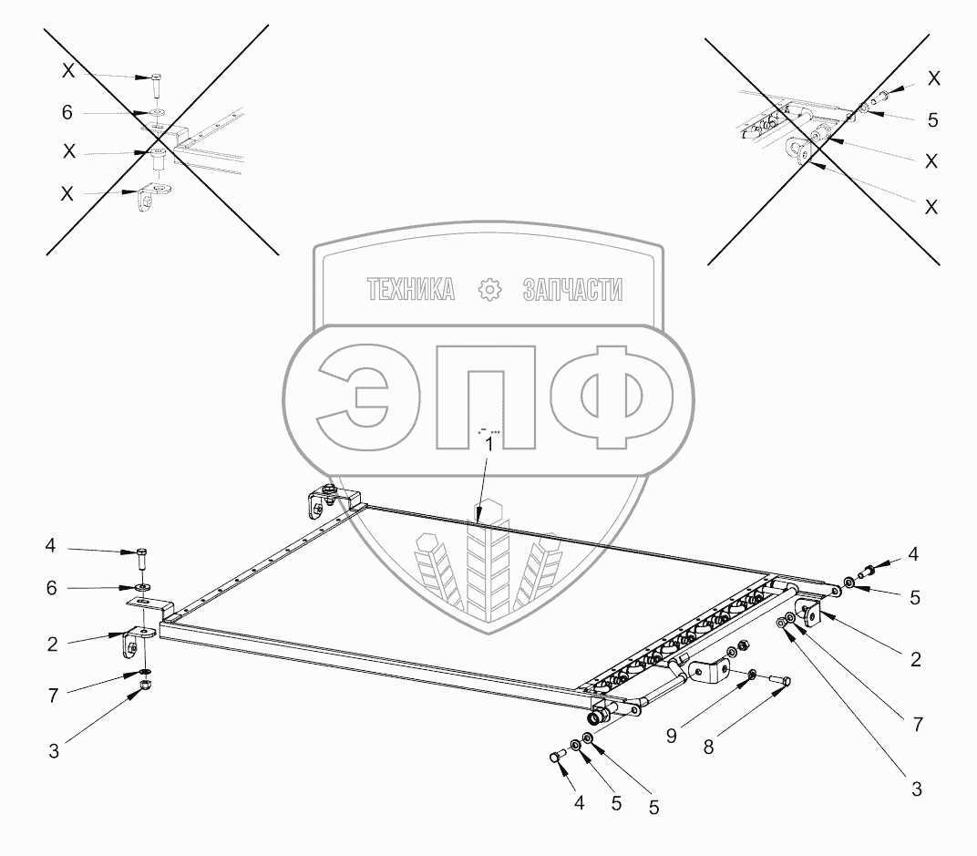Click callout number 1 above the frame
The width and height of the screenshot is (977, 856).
(489, 445)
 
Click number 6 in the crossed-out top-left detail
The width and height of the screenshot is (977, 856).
(67, 113)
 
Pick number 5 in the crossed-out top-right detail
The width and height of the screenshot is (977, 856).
(931, 120)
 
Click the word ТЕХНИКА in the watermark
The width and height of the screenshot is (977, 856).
(410, 290)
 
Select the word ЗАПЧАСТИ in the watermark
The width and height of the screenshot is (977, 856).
(573, 290)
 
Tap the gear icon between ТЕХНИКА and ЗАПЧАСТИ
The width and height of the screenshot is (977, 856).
(490, 290)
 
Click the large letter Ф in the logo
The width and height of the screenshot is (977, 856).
(615, 397)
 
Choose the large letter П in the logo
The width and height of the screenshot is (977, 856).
(488, 397)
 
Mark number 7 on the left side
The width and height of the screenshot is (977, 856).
(53, 696)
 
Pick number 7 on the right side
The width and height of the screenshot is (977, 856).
(917, 725)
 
